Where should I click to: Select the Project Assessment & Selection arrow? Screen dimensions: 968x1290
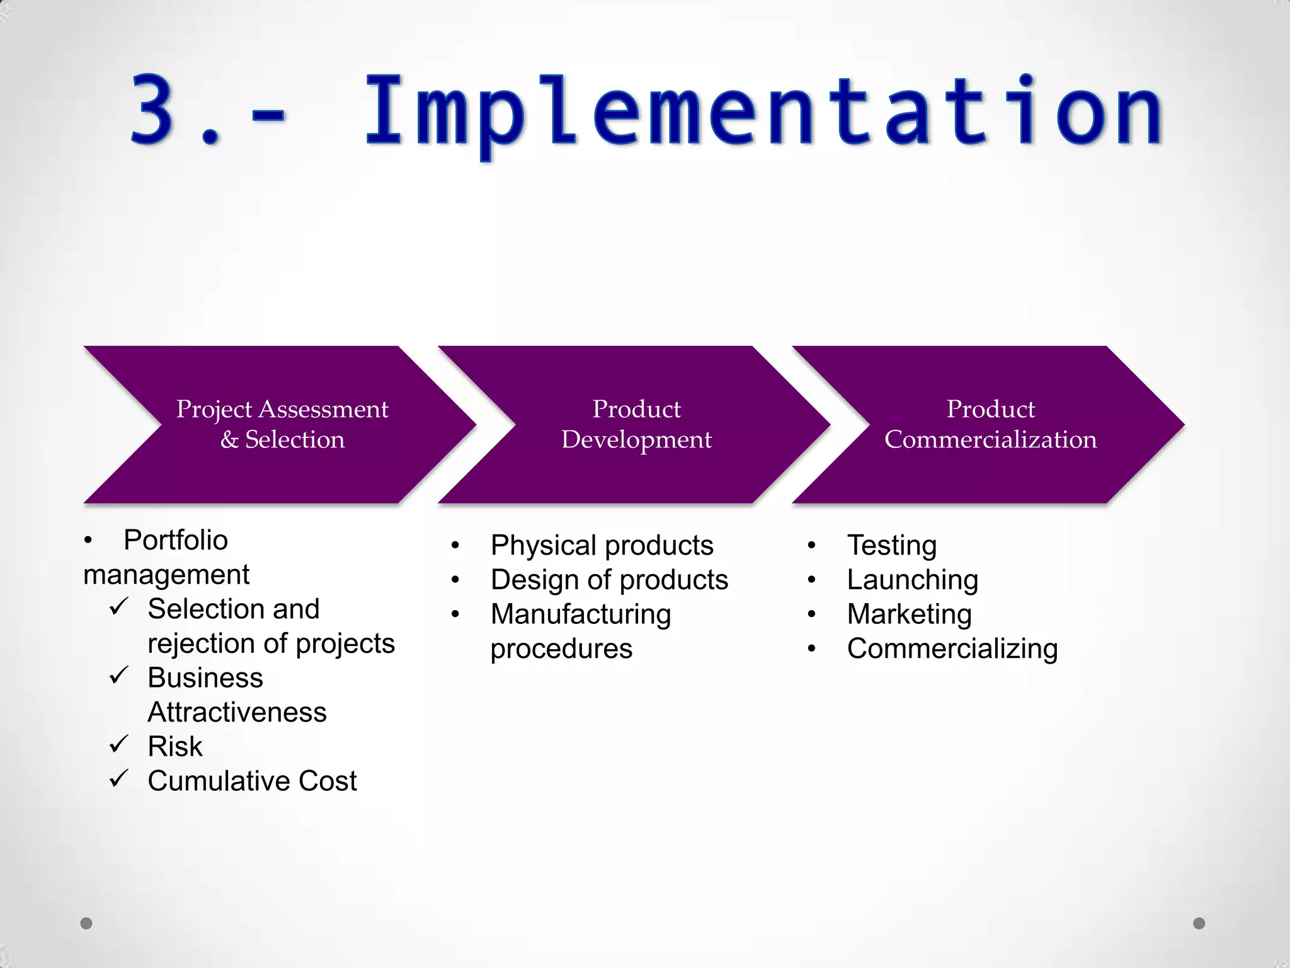[x=282, y=424]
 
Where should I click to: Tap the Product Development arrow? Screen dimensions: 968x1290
[x=636, y=424]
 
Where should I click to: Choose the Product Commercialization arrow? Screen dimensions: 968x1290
[x=990, y=424]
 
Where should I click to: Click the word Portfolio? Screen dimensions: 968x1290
[x=175, y=540]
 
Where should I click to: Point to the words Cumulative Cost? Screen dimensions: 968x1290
[x=252, y=781]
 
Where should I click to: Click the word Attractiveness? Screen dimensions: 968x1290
[x=237, y=712]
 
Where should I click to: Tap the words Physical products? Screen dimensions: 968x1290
[x=602, y=545]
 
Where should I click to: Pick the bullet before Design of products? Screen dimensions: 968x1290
[x=455, y=580]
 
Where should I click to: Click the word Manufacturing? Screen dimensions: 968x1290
[x=580, y=614]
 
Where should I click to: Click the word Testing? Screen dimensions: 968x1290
[x=891, y=545]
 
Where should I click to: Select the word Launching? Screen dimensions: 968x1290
[x=912, y=580]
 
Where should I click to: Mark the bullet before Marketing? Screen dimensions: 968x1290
[x=811, y=614]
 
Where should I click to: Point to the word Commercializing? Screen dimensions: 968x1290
[x=952, y=648]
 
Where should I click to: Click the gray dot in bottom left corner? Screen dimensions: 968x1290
[x=86, y=923]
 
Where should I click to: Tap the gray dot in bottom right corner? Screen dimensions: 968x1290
[x=1199, y=923]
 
